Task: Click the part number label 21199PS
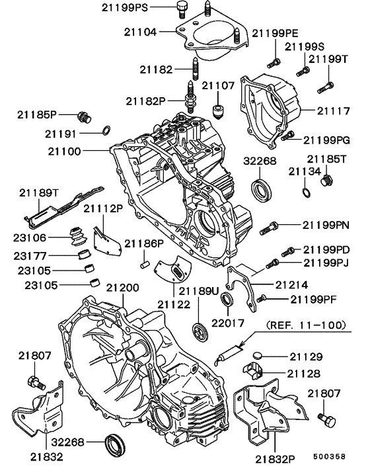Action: [125, 7]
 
